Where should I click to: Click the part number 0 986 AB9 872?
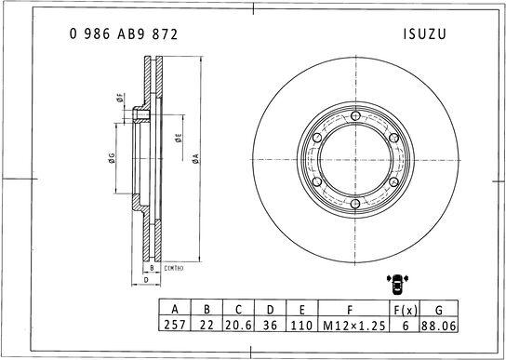pyautogui.click(x=124, y=33)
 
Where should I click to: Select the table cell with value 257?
pyautogui.click(x=173, y=326)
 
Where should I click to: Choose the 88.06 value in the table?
pyautogui.click(x=439, y=326)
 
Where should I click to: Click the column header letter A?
pyautogui.click(x=173, y=310)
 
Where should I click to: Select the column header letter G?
pyautogui.click(x=439, y=310)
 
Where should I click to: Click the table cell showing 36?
pyautogui.click(x=271, y=326)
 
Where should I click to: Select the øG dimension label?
pyautogui.click(x=112, y=159)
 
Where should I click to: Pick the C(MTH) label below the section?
pyautogui.click(x=173, y=268)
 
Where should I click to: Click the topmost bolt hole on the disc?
pyautogui.click(x=355, y=114)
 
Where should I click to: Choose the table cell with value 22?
pyautogui.click(x=206, y=326)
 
